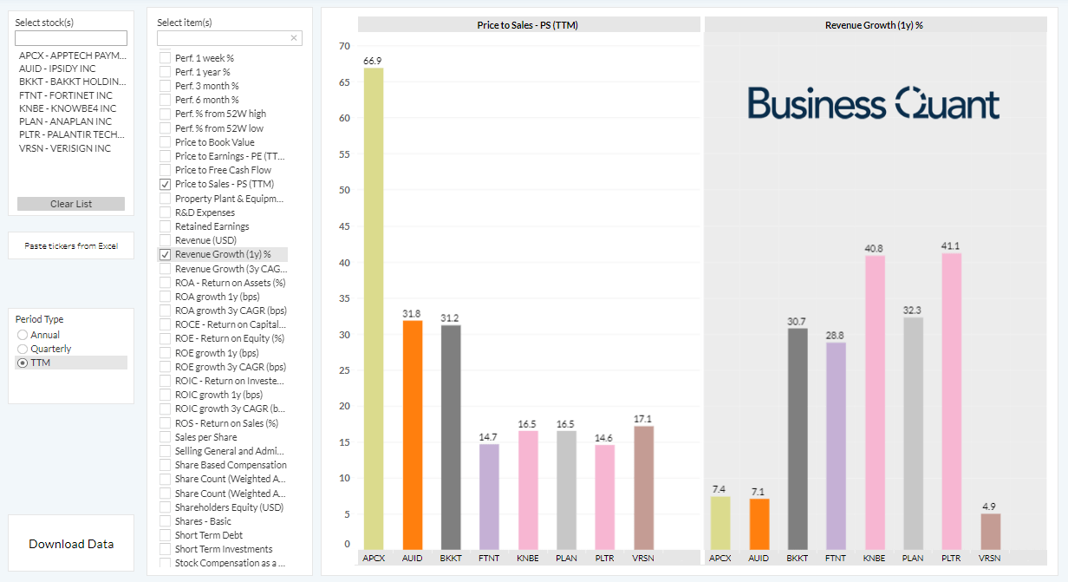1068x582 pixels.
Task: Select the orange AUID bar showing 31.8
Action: click(412, 434)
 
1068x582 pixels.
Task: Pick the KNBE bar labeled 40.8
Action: click(874, 402)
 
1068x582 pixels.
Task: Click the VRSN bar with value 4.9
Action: click(990, 531)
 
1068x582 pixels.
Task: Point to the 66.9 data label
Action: click(373, 61)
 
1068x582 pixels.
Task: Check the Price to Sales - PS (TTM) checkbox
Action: click(166, 185)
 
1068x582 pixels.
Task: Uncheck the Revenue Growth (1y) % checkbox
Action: click(166, 255)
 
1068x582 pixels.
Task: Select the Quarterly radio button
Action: click(23, 349)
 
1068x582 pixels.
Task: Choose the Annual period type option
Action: click(23, 335)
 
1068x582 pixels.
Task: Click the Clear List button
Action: click(71, 204)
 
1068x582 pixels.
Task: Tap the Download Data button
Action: click(71, 544)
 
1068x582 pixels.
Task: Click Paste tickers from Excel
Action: click(71, 246)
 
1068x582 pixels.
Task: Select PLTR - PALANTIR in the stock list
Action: click(71, 135)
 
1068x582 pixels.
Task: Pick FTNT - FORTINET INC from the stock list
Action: click(66, 95)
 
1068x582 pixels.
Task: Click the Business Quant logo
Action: click(874, 103)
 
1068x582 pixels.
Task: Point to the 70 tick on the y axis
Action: click(344, 47)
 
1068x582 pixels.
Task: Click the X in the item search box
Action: click(294, 38)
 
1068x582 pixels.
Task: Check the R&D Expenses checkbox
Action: click(166, 213)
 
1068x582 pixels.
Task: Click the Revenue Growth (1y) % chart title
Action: click(874, 25)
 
